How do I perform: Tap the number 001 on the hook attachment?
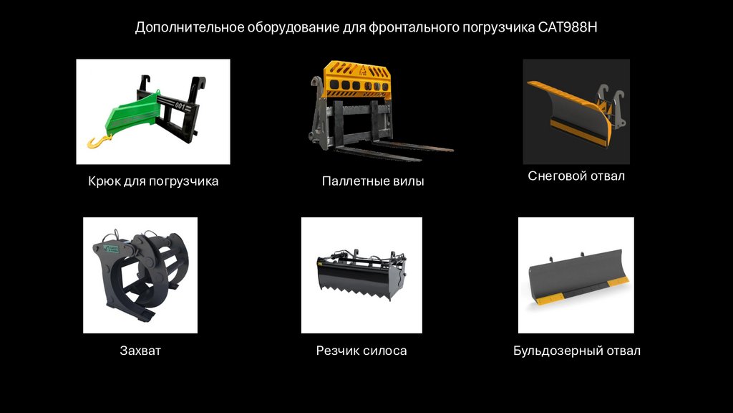180,105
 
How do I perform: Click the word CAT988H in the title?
568,27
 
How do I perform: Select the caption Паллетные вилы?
373,181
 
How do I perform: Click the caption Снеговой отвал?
576,176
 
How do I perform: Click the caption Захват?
140,351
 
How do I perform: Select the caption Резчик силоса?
361,351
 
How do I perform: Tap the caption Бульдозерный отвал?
577,351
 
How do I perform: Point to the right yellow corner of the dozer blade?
618,281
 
